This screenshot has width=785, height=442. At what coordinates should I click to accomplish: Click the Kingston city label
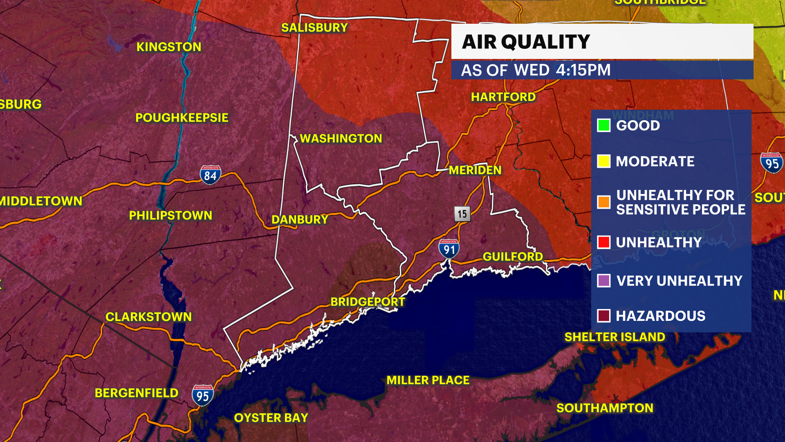(169, 47)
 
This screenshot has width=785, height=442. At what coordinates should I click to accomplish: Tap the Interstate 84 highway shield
(211, 175)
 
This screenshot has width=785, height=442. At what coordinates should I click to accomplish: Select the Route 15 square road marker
(462, 214)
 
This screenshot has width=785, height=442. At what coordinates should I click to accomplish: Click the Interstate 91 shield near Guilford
(449, 248)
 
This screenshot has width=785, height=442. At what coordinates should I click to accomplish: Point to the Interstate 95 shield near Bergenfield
(203, 395)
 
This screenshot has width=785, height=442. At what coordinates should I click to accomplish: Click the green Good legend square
(603, 125)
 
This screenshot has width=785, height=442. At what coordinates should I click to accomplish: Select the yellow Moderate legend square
(603, 161)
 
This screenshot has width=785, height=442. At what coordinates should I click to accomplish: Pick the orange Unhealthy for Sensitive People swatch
(603, 202)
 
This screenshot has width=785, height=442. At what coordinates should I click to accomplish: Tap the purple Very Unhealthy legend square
(603, 281)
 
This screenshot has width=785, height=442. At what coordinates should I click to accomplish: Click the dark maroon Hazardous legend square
(603, 316)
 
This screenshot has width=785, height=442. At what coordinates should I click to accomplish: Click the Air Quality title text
(526, 42)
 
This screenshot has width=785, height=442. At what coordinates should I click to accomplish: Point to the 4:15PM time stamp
(583, 70)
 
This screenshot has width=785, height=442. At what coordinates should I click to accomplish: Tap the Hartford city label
(503, 97)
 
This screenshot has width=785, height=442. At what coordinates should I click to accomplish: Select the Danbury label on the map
(300, 220)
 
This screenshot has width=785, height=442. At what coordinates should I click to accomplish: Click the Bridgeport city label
(368, 302)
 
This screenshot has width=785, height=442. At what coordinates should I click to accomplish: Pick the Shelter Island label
(615, 337)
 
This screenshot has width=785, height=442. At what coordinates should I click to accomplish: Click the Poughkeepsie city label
(182, 118)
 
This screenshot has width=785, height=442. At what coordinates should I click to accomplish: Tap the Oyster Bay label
(271, 418)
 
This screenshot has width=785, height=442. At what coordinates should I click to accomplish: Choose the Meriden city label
(475, 170)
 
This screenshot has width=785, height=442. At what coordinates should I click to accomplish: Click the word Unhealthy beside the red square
(659, 242)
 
